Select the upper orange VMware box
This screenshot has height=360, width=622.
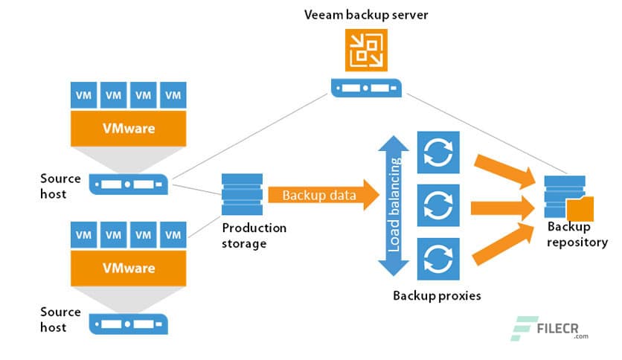click(x=128, y=129)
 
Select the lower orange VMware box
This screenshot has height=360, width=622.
click(x=128, y=267)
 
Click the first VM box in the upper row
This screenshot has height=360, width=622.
click(x=84, y=95)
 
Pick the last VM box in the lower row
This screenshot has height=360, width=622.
click(x=173, y=234)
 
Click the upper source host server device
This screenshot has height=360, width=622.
click(x=129, y=183)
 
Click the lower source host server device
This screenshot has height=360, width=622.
click(x=129, y=323)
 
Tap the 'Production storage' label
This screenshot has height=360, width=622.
click(x=253, y=236)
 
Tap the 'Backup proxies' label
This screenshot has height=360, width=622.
click(x=437, y=295)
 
